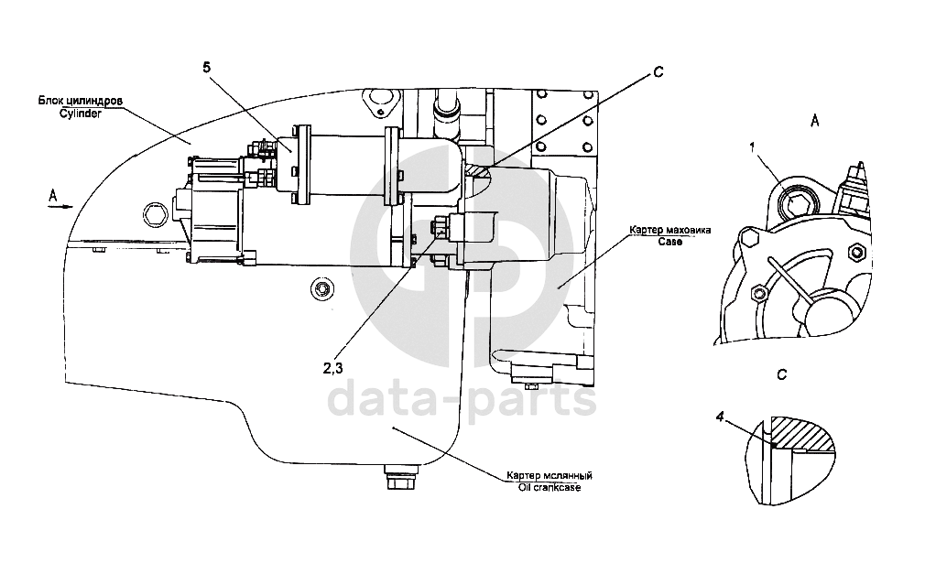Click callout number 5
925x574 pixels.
207,67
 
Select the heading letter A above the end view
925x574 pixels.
814,120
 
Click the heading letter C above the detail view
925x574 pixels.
781,374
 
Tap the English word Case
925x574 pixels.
669,240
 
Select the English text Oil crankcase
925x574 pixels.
549,487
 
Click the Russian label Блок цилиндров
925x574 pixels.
81,101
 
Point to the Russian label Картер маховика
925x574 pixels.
669,229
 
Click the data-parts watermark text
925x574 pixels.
462,401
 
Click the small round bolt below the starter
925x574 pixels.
321,288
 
